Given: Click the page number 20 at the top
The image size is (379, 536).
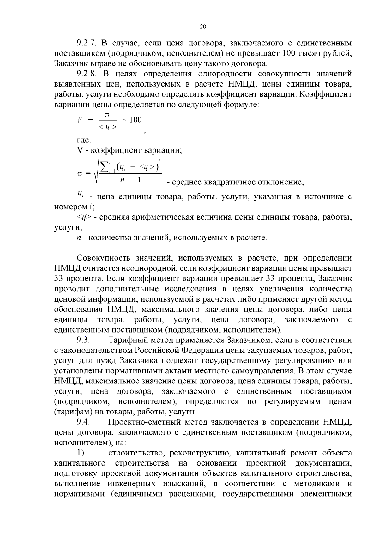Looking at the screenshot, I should [x=203, y=27].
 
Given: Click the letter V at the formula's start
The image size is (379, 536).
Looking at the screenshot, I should [x=80, y=120].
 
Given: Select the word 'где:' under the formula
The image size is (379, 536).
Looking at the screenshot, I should [x=84, y=140].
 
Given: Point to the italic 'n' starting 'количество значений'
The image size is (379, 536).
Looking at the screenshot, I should [x=79, y=238].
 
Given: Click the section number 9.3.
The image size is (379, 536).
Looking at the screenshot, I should [x=84, y=340].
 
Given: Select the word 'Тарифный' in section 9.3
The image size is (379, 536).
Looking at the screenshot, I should [x=126, y=340].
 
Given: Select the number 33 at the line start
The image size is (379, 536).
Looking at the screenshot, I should [x=59, y=279].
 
